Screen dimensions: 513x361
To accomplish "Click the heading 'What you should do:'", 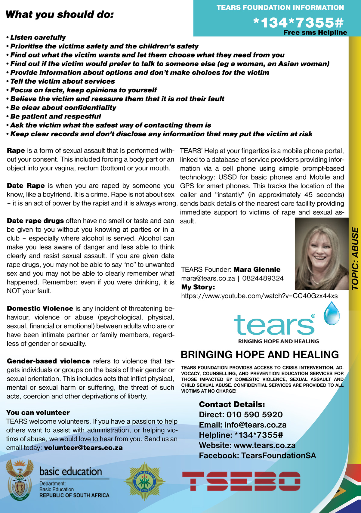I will (60, 14).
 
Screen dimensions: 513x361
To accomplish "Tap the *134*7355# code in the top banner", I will (298, 22).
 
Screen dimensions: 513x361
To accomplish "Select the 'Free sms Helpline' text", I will (315, 32).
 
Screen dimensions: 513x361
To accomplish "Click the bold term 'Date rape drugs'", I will (35, 221).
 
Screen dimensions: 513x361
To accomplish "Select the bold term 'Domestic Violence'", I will (40, 309).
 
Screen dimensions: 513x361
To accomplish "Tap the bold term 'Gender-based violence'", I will (48, 361).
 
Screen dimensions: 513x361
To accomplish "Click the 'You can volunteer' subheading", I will (38, 413).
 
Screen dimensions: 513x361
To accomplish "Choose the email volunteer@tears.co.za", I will (83, 448).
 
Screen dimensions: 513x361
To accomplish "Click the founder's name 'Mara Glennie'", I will (257, 270).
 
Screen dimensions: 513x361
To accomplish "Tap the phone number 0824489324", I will (263, 278).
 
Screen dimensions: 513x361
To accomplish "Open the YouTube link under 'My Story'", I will (259, 296).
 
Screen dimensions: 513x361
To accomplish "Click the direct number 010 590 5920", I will (255, 415).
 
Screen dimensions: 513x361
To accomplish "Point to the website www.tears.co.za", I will (264, 445).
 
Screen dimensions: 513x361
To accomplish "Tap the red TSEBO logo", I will (241, 481).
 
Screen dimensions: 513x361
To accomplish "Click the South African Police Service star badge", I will (145, 481).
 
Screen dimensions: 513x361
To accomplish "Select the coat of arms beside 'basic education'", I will (20, 478).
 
